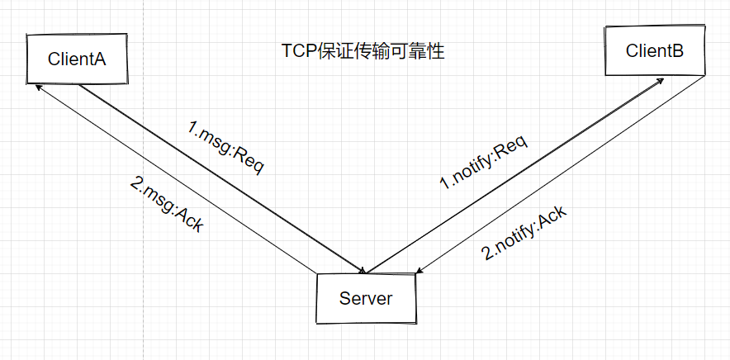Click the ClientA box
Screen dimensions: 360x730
pos(77,59)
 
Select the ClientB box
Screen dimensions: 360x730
pos(655,51)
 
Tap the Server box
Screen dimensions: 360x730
pos(366,298)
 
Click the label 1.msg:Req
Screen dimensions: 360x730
pos(226,147)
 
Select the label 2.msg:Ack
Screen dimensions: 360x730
pos(167,205)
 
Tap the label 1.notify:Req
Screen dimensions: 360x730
pos(484,162)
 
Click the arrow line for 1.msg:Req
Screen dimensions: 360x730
pos(223,178)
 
